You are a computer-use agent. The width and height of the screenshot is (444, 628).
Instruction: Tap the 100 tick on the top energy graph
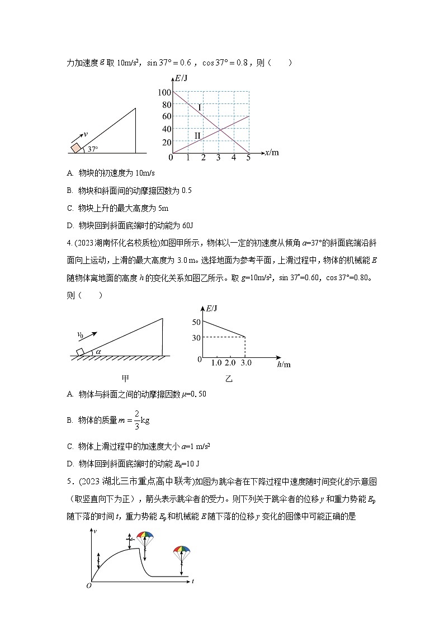click(x=164, y=92)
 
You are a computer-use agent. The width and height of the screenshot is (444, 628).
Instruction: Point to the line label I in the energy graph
click(x=200, y=106)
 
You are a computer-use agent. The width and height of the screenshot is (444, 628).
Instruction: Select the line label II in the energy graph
click(x=197, y=135)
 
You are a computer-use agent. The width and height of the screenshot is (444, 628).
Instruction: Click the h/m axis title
click(x=284, y=364)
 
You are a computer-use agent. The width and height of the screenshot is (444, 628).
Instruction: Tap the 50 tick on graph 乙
click(x=195, y=322)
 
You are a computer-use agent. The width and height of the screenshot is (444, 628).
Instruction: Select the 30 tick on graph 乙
click(x=195, y=337)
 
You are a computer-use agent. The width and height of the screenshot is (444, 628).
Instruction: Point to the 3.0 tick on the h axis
click(x=245, y=363)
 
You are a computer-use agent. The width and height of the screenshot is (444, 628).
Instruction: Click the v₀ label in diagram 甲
click(x=81, y=334)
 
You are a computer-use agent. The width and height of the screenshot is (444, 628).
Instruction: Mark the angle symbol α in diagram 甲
click(x=98, y=352)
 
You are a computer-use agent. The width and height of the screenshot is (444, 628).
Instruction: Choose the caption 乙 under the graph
click(x=229, y=379)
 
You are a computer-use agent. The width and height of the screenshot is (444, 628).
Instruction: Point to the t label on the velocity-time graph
click(x=192, y=582)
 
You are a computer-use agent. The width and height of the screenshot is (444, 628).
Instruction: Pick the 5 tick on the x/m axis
click(x=248, y=158)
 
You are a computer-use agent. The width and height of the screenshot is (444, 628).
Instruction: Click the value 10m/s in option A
click(x=126, y=173)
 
